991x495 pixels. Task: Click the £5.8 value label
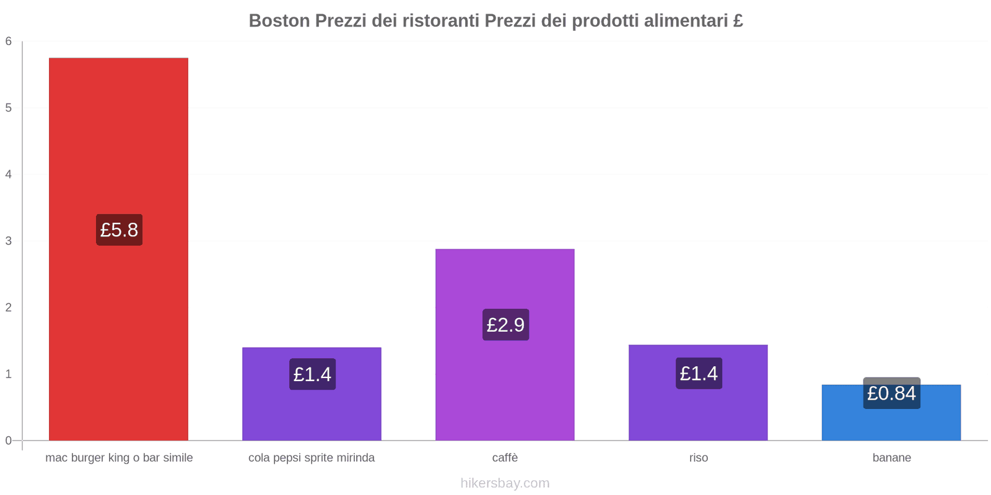(x=119, y=230)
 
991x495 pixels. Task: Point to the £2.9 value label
(x=505, y=325)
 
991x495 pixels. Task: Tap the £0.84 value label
(x=891, y=394)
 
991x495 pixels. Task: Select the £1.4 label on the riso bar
(x=699, y=374)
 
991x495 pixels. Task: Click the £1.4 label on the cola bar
(x=312, y=374)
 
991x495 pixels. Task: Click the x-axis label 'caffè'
(x=505, y=458)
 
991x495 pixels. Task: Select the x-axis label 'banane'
(x=891, y=458)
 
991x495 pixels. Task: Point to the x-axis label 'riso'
(x=698, y=458)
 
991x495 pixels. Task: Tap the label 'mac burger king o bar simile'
(x=119, y=458)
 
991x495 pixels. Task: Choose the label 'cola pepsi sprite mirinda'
(x=312, y=458)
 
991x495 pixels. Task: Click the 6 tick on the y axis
(x=9, y=41)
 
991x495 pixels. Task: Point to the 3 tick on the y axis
(x=9, y=241)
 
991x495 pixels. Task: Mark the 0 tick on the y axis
(x=9, y=441)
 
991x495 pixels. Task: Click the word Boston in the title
(x=279, y=21)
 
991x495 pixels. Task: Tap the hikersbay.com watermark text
(x=505, y=483)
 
